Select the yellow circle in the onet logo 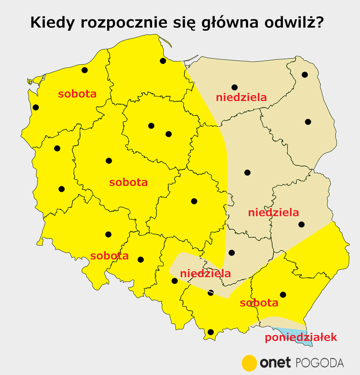pyautogui.click(x=249, y=363)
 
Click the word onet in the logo pyautogui.click(x=275, y=363)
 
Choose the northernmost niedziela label pyautogui.click(x=241, y=97)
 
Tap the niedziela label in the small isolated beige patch pyautogui.click(x=205, y=274)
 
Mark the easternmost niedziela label pyautogui.click(x=273, y=212)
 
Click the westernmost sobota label pyautogui.click(x=77, y=94)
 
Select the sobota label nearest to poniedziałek pyautogui.click(x=259, y=303)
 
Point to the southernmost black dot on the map pyautogui.click(x=210, y=332)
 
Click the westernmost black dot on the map pyautogui.click(x=36, y=108)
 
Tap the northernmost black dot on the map pyautogui.click(x=163, y=61)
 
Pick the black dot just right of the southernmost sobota pyautogui.click(x=283, y=295)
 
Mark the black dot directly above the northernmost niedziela pyautogui.click(x=234, y=87)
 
